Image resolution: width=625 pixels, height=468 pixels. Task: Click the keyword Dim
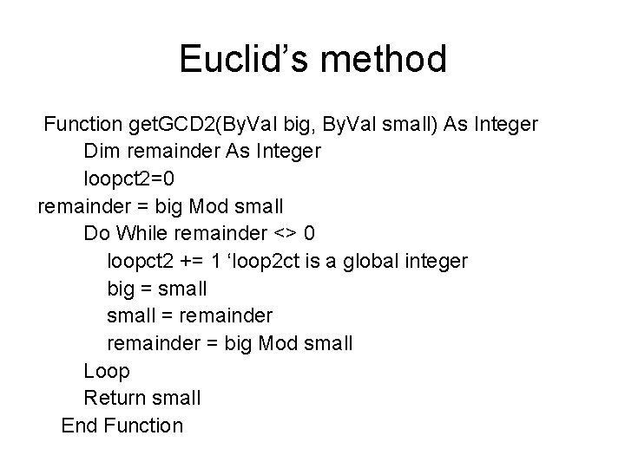click(102, 151)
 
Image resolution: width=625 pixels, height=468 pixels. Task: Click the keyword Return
click(113, 398)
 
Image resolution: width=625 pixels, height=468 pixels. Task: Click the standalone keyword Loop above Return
click(107, 371)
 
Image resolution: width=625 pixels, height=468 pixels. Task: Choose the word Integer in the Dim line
click(287, 151)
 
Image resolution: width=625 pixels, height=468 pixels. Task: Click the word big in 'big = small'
click(122, 289)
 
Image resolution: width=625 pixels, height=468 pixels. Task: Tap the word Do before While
click(96, 233)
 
